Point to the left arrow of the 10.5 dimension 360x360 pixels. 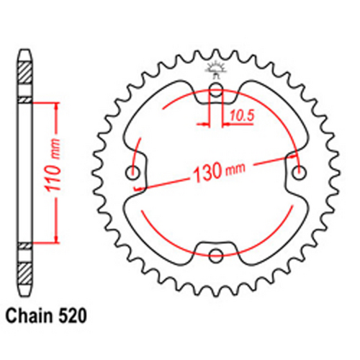coord(206,124)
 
